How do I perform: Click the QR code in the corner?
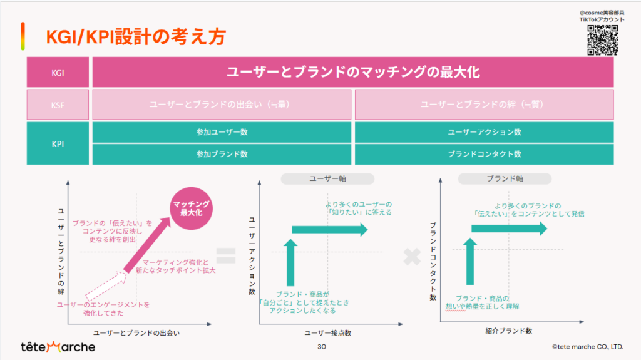coord(603,40)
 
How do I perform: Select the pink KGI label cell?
coord(58,73)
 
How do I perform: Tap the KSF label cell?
coord(58,105)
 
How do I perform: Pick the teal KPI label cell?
coord(58,143)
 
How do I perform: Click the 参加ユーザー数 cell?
coord(222,132)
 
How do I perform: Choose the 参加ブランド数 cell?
coord(222,154)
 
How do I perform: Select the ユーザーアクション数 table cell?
coord(485,132)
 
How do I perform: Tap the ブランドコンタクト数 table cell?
coord(485,154)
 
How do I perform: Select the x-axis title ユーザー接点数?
coord(327,332)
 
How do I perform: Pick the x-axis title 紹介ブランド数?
coord(508,331)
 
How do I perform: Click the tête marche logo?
coord(58,347)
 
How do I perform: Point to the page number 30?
coord(322,347)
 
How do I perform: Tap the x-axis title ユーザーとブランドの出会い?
coord(136,332)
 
